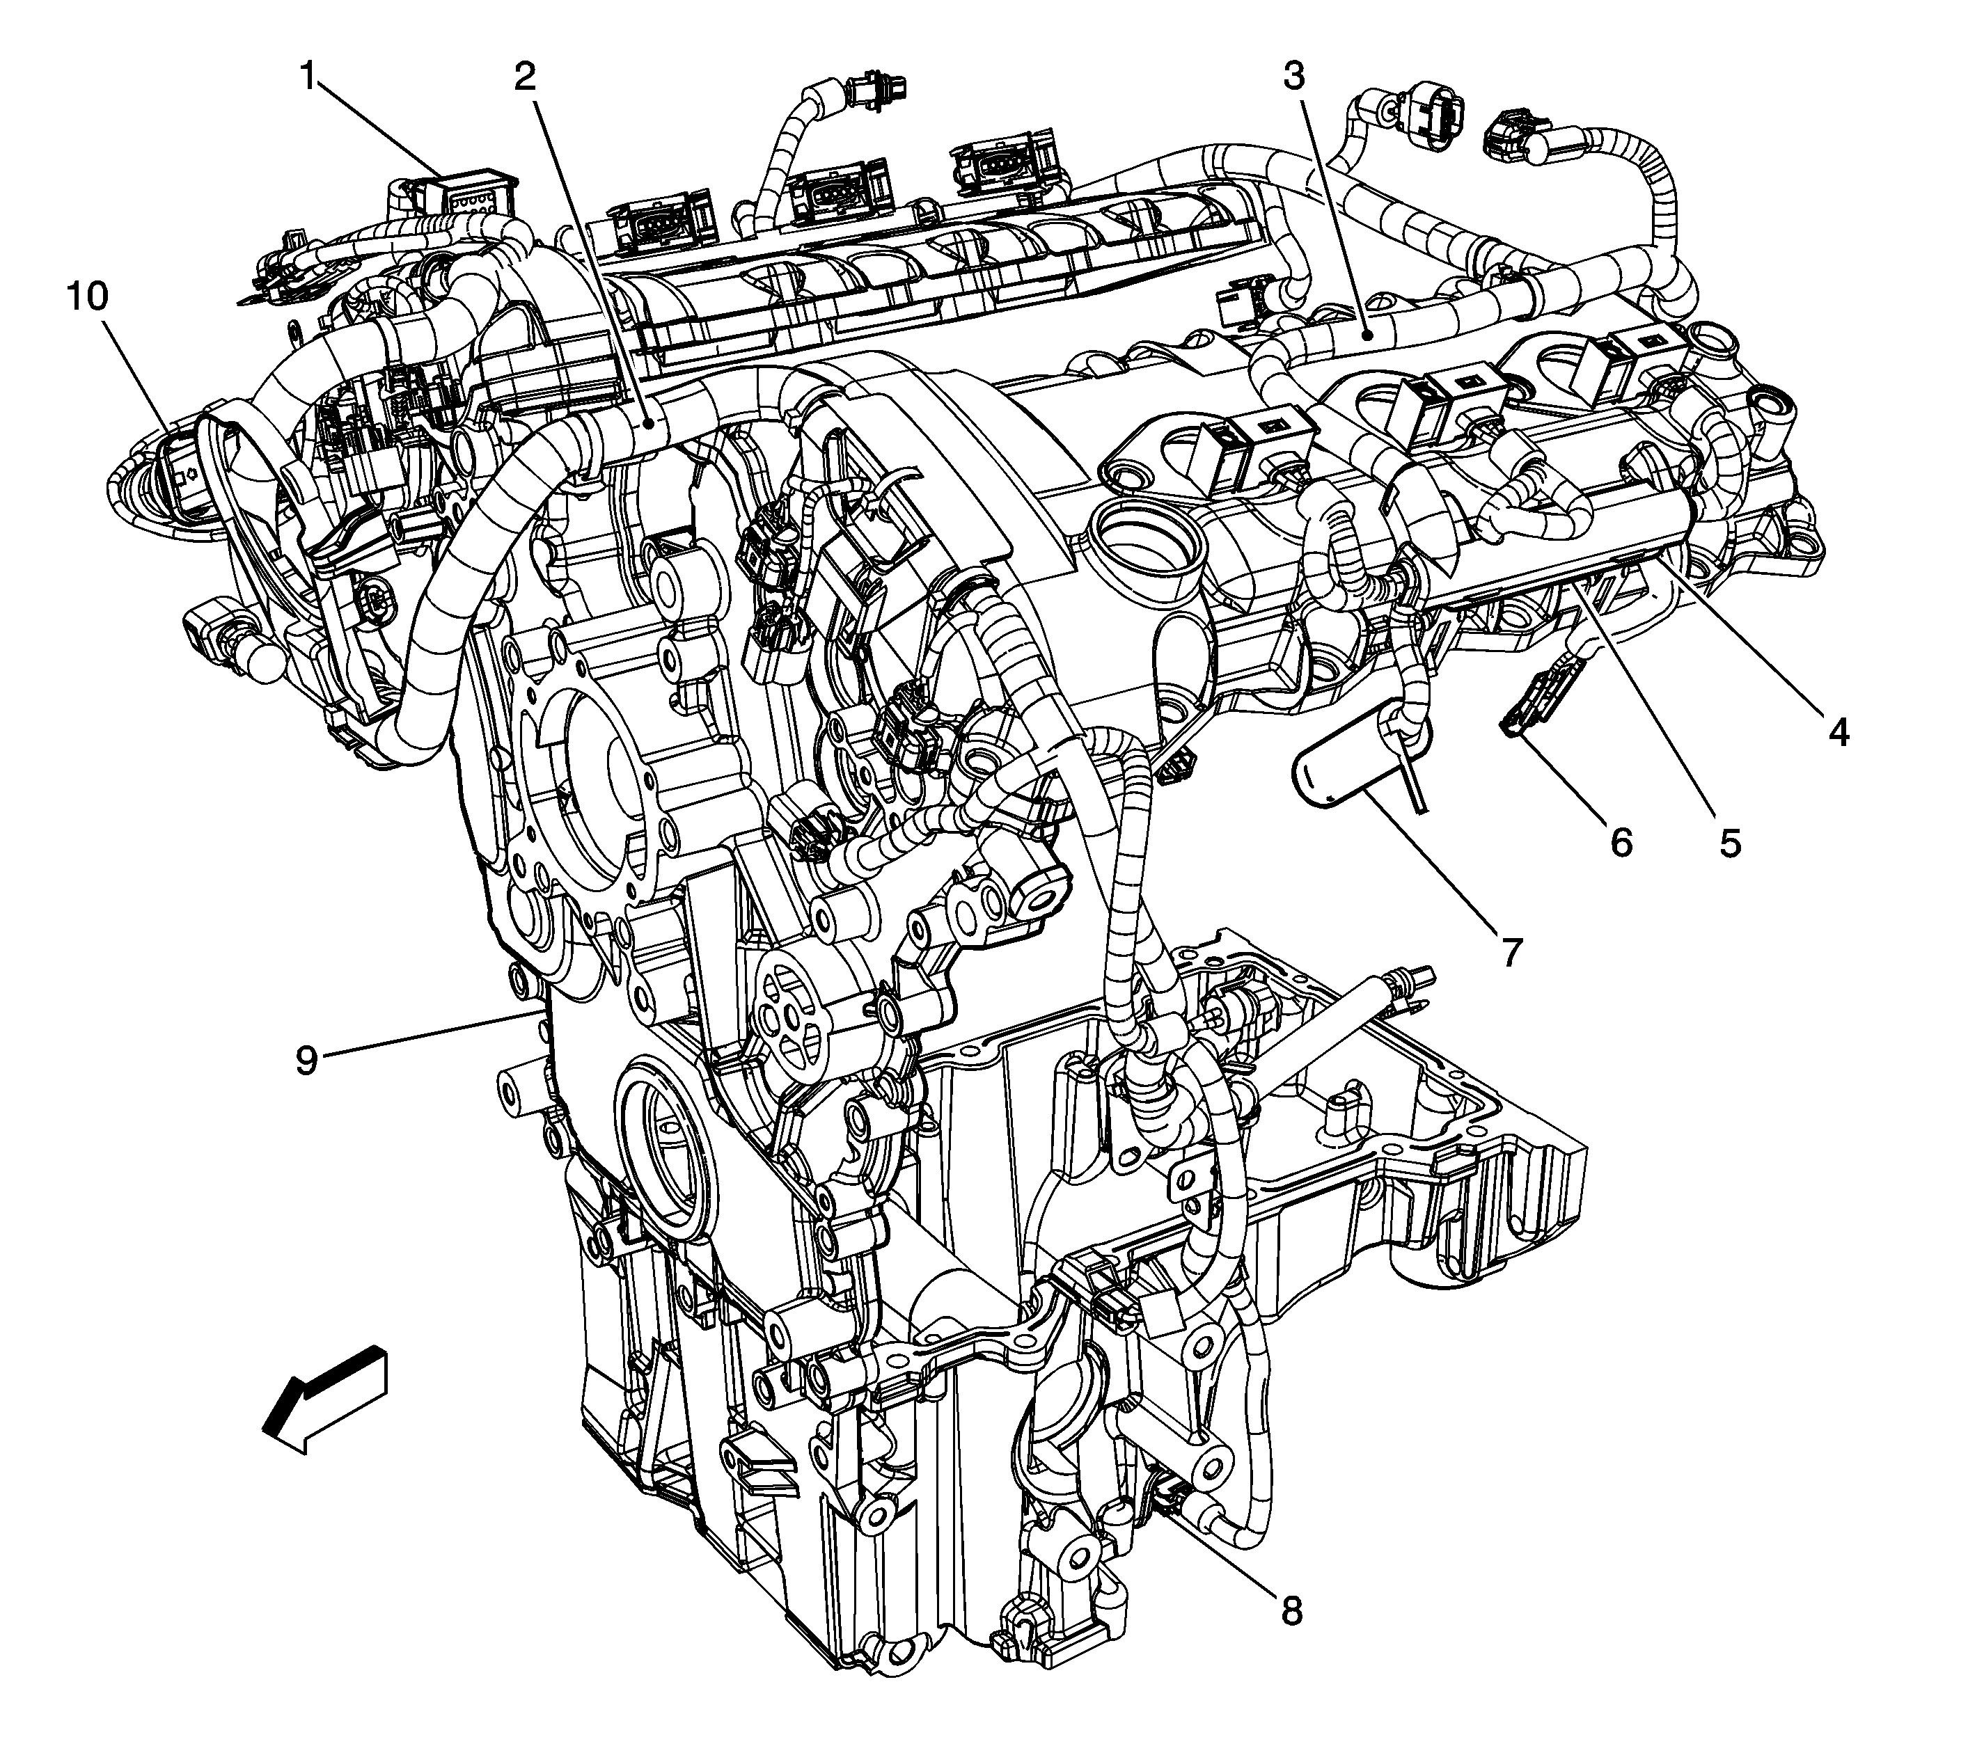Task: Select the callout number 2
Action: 525,76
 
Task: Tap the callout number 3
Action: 1295,76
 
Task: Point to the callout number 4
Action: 1839,732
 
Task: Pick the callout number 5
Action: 1731,841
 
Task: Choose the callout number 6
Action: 1621,841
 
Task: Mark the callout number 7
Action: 1513,951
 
